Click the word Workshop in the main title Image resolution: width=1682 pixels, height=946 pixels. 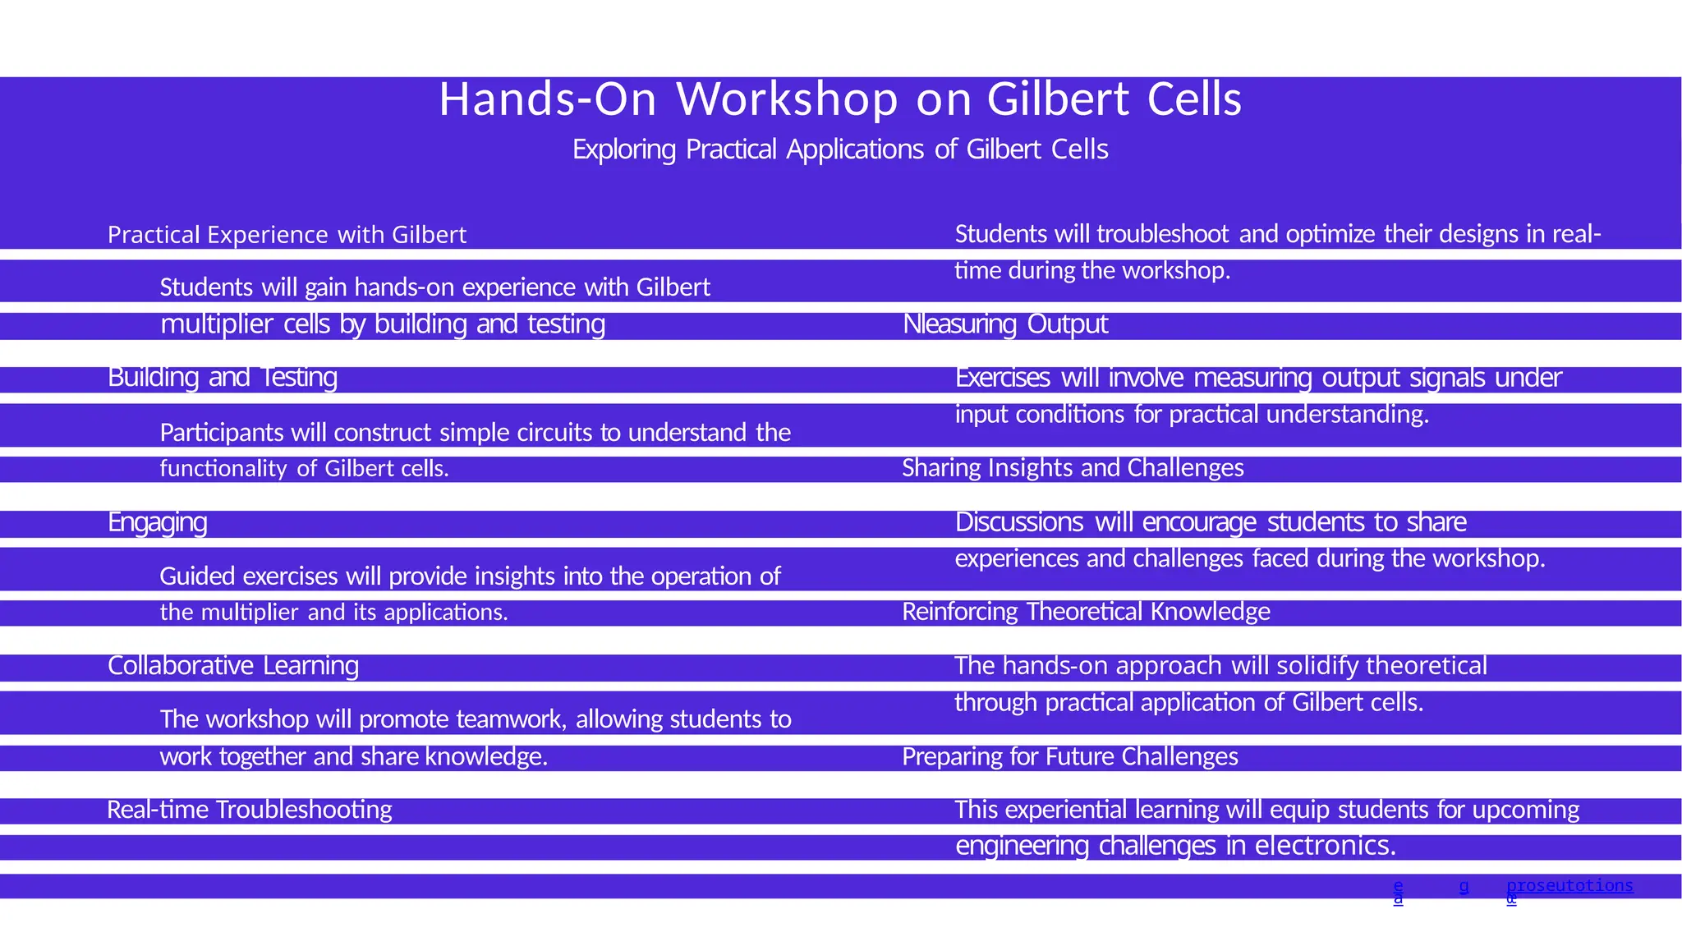[787, 100]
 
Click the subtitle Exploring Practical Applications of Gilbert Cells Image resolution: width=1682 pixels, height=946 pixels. [840, 149]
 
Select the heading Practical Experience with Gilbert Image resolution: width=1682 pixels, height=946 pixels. [287, 236]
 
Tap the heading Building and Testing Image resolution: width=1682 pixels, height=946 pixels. [223, 378]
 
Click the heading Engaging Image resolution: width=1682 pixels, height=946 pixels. [157, 522]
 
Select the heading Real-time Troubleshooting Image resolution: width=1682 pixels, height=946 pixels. [250, 811]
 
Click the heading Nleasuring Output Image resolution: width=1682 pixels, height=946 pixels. [1005, 324]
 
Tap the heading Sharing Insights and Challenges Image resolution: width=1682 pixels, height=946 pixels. [1073, 468]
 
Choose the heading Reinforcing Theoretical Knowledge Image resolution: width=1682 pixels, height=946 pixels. [1086, 612]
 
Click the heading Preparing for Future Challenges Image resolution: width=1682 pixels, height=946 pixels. [1069, 756]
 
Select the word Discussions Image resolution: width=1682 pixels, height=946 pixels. [1019, 522]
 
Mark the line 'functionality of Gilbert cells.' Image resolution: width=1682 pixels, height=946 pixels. [304, 469]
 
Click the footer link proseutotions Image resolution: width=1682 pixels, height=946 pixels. [1569, 886]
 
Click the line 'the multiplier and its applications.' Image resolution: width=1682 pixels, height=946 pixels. [333, 613]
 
